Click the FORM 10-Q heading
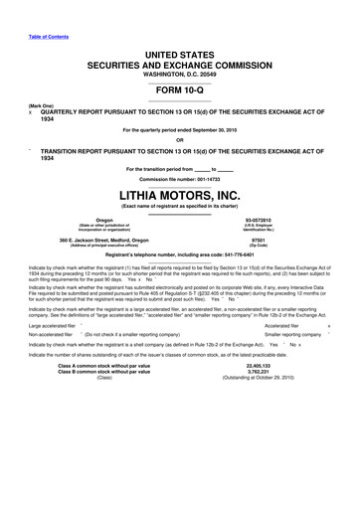point(179,91)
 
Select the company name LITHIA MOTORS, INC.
point(179,194)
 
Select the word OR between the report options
point(179,139)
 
